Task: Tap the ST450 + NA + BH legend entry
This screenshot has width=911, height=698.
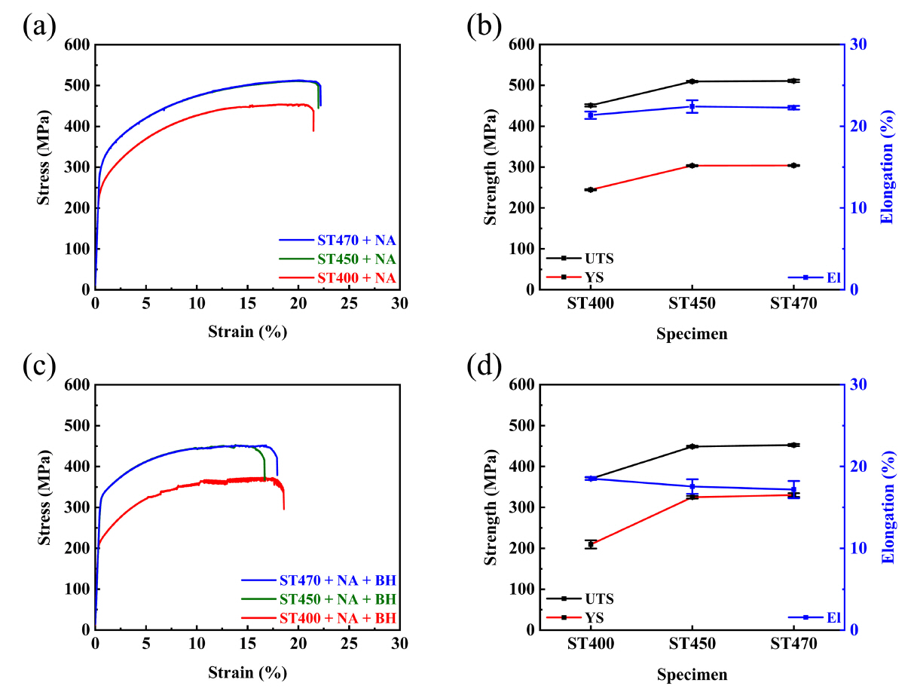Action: [337, 599]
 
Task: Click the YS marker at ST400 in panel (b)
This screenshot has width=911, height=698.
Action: [590, 190]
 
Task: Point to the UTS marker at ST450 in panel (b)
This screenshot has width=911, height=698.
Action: [692, 81]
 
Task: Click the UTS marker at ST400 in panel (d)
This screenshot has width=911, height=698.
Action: [590, 478]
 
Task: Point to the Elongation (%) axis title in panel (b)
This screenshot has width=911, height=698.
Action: [887, 167]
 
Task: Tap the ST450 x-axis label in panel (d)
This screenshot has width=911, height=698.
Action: [692, 647]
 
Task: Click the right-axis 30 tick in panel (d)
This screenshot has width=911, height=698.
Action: [858, 385]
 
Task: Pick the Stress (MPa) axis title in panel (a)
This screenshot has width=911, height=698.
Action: [44, 167]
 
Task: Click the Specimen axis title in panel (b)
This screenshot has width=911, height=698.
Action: [692, 333]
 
